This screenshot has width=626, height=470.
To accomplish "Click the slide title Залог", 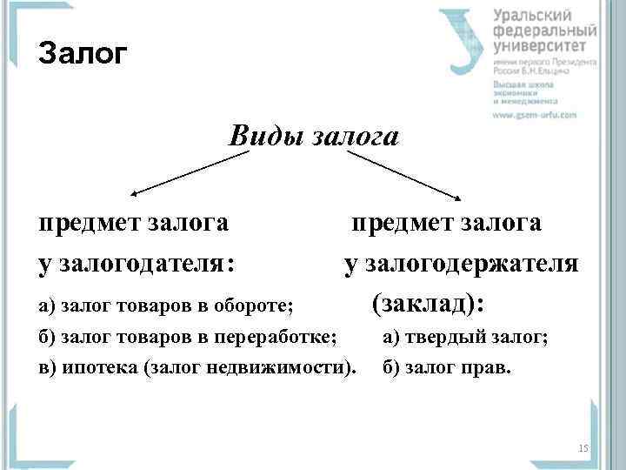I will point(83,55).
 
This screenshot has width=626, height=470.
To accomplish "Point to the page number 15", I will point(583,448).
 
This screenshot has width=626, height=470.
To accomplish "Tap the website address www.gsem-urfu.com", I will point(535,114).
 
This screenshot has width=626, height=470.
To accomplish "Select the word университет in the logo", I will point(545,46).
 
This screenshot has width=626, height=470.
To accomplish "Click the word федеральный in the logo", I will point(546,30).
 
